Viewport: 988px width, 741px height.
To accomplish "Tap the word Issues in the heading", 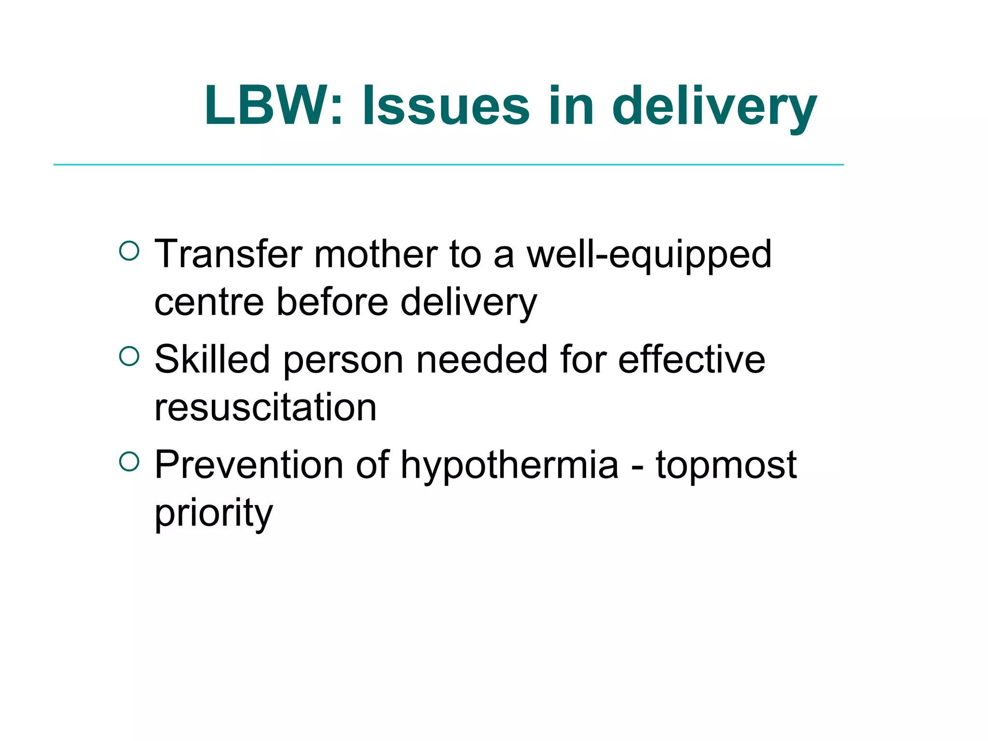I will click(446, 106).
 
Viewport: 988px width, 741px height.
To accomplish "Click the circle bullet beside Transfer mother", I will click(129, 251).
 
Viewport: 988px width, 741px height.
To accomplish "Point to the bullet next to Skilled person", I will click(129, 357).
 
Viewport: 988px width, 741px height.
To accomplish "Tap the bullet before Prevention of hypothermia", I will click(129, 462).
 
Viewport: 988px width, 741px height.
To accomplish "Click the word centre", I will click(209, 302).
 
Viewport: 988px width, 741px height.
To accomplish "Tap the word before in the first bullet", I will click(332, 302).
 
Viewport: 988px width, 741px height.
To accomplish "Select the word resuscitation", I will click(265, 407).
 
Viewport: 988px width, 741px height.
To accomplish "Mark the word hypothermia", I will click(509, 466).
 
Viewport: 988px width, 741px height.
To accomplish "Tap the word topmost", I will click(726, 466).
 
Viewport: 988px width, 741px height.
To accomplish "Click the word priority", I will click(214, 514).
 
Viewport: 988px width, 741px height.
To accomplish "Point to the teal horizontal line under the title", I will click(449, 165).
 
